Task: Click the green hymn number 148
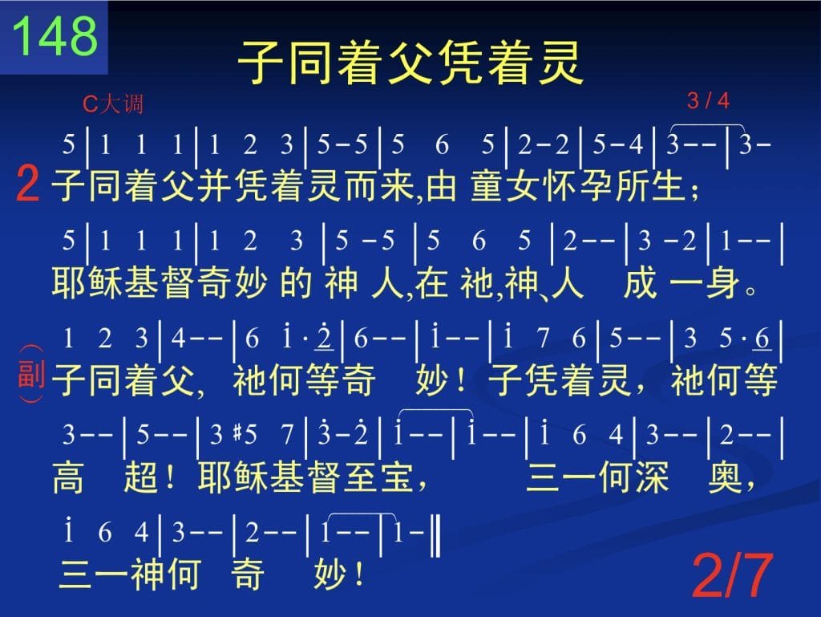(x=55, y=35)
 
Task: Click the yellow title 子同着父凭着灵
(x=410, y=63)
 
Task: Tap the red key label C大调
(x=112, y=104)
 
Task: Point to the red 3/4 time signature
(x=708, y=100)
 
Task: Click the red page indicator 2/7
(x=733, y=575)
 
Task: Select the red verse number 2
(x=28, y=183)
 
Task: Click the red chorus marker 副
(x=31, y=374)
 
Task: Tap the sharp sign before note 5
(x=237, y=434)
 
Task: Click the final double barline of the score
(x=435, y=535)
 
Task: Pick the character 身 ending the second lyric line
(x=722, y=283)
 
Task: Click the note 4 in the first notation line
(x=636, y=144)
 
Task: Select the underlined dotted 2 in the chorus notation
(x=325, y=337)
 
